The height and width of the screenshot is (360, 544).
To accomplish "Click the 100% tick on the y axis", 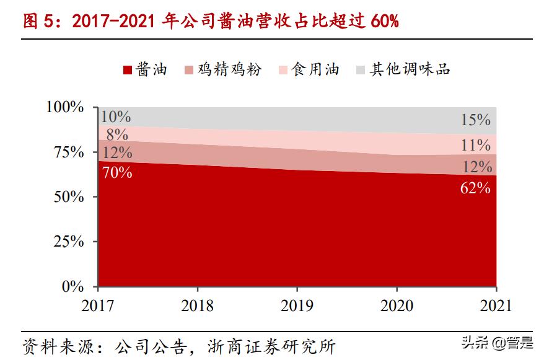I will coord(65,107).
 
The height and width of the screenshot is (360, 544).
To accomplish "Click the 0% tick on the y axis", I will coord(72,287).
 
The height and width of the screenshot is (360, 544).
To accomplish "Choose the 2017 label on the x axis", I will coord(98,305).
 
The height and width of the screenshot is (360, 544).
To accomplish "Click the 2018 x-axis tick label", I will coord(197,305).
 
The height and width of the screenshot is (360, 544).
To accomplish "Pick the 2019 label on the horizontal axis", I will coord(297,305).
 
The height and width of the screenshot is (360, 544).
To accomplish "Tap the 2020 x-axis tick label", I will coord(397,305).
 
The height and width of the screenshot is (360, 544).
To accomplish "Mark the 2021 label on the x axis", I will coord(496,305).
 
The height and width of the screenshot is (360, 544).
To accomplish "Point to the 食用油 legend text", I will coord(316,69).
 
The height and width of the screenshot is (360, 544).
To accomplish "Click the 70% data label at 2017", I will coord(117,172).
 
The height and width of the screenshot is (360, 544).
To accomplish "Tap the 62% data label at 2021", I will coord(475,188).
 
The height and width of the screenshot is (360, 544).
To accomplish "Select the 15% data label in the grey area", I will coord(475,120).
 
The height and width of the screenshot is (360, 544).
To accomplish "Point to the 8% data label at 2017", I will coord(116,134).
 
